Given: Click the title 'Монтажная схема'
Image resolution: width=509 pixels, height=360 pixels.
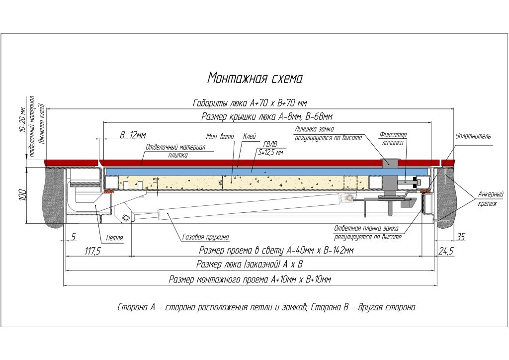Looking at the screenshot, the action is click(255, 78).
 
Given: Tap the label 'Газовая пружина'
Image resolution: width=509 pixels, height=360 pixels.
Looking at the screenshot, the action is click(206, 237).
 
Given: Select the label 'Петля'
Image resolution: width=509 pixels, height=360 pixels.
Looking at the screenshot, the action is click(115, 238).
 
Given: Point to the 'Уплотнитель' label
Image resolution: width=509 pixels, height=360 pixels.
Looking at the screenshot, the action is click(473, 136).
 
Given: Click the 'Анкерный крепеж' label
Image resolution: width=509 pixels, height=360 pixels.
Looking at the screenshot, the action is click(491, 199).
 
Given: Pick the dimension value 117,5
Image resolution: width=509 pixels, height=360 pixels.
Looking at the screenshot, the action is click(92, 251).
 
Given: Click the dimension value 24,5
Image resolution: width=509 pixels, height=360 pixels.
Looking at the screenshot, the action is click(446, 251).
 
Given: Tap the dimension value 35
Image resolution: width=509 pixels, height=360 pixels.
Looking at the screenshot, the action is click(461, 237).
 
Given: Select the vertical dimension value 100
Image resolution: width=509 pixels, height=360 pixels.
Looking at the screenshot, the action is click(22, 195).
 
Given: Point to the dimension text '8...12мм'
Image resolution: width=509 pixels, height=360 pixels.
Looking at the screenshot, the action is click(133, 135).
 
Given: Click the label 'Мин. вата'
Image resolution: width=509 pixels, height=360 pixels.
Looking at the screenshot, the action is click(220, 137).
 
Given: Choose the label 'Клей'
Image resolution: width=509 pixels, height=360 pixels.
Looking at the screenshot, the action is click(250, 136).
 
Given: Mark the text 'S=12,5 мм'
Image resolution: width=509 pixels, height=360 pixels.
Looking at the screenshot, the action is click(270, 152).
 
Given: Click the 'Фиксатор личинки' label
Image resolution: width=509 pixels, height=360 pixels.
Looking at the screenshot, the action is click(393, 139).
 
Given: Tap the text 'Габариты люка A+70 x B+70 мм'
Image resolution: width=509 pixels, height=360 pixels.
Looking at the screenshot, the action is click(250, 103).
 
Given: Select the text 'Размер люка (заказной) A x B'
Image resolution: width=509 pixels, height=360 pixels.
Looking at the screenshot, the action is click(250, 264).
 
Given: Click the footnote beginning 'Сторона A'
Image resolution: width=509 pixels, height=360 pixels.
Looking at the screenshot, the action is click(266, 307).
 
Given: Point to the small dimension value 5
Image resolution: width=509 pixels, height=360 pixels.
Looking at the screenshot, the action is click(74, 237).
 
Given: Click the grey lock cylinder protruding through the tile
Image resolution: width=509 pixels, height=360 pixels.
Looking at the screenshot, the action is click(390, 163).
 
